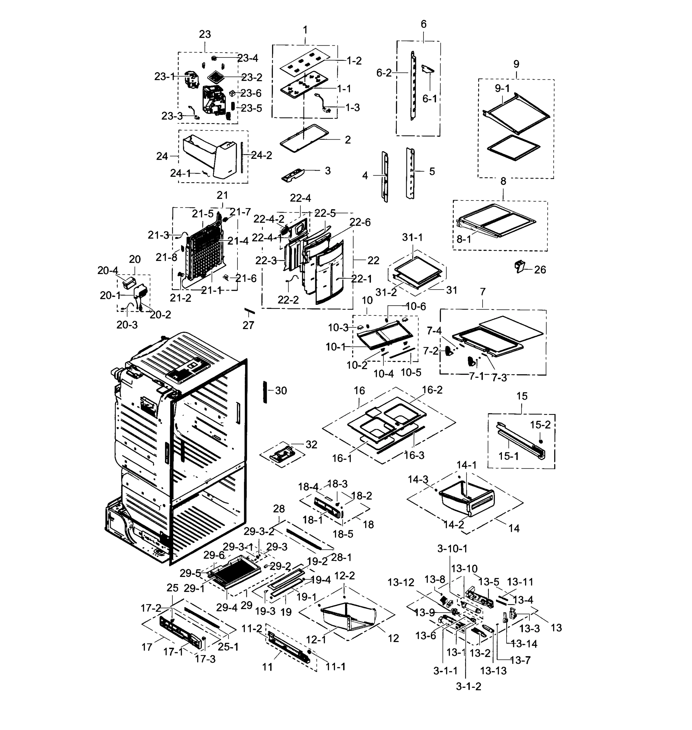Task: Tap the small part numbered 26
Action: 520,265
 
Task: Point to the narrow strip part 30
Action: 265,392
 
